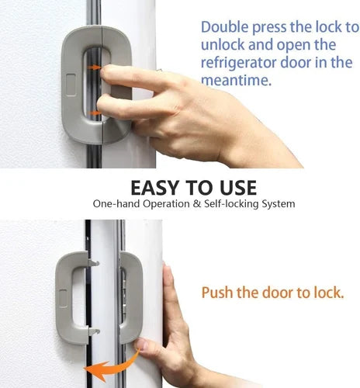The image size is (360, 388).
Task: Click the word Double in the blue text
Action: pos(223,26)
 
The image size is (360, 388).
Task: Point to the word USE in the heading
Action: pos(234,189)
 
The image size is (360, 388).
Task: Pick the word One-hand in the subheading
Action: pos(116,205)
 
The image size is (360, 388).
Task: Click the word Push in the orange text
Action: pos(218,293)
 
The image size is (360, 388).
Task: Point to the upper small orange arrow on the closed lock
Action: pos(94,68)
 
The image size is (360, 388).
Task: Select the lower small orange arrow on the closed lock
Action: pos(94,114)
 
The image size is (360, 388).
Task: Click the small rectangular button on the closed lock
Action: pos(71,84)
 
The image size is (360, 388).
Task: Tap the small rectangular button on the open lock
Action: pos(62,298)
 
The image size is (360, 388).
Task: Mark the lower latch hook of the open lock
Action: pos(92,332)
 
